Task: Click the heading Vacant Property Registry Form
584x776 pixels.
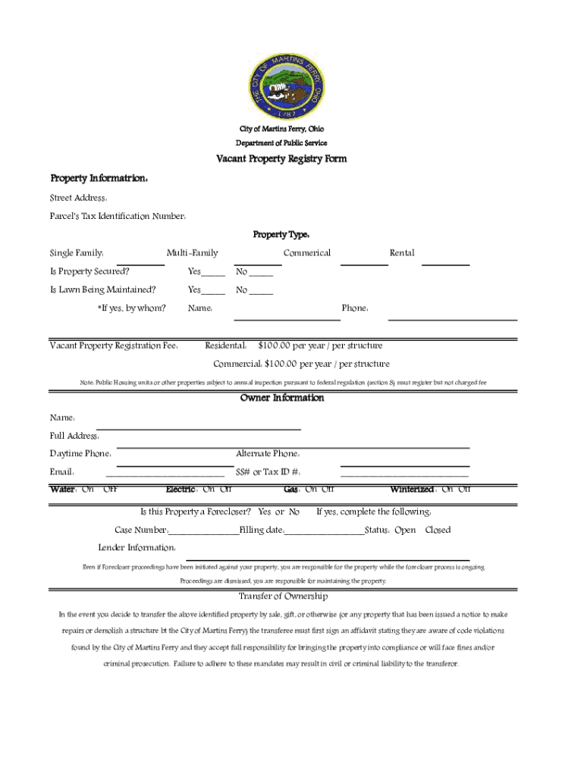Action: point(281,159)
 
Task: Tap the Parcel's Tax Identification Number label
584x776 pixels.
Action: point(118,217)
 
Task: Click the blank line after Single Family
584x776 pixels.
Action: point(140,264)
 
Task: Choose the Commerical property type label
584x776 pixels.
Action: point(306,253)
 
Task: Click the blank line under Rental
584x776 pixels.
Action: point(445,264)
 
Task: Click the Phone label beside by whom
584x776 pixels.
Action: point(355,308)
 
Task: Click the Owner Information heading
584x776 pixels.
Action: point(282,399)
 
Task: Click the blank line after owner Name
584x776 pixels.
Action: point(199,428)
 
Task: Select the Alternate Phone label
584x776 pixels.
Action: point(268,454)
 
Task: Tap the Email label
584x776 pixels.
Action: point(61,472)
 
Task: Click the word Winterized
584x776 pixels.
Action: point(412,490)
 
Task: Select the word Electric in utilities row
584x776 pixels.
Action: point(181,490)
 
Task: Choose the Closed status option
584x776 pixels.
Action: point(438,530)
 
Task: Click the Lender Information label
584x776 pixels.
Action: point(137,548)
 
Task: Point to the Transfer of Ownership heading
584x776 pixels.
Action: point(283,596)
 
